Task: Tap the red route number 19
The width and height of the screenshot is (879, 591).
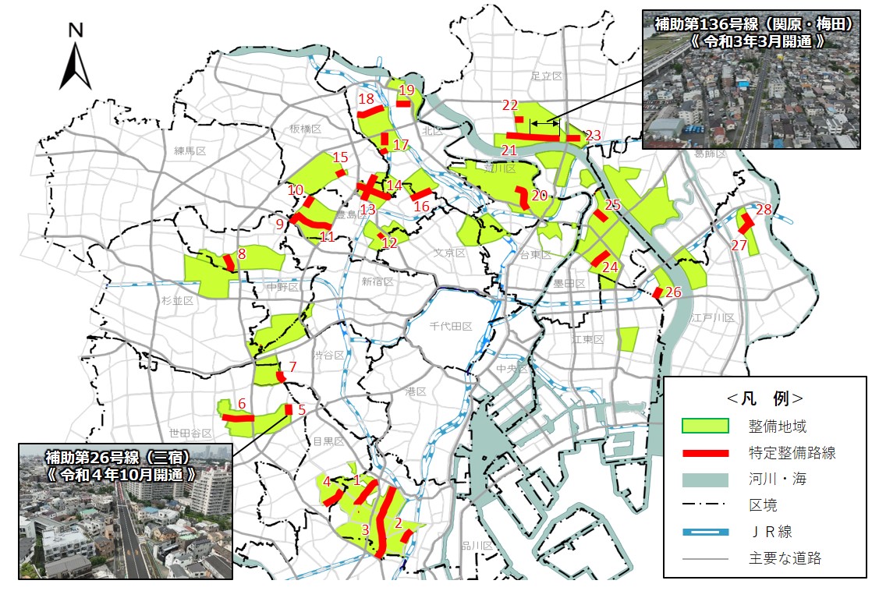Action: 406,90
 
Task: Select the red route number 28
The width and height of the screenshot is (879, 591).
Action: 764,210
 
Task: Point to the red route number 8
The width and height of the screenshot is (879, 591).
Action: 242,253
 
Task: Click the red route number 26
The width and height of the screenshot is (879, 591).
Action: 674,292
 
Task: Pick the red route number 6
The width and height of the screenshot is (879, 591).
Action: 242,404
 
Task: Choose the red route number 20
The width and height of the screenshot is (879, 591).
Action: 540,195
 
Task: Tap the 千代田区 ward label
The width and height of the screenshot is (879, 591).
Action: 452,327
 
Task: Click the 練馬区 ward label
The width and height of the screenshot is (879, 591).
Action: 190,150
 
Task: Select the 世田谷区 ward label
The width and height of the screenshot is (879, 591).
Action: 190,433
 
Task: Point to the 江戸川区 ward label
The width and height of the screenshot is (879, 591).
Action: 713,318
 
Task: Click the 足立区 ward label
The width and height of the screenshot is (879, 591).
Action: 546,76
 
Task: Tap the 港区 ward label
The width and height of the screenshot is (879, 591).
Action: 415,391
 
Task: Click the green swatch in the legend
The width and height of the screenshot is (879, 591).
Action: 705,426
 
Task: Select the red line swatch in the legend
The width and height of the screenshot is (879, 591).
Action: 705,453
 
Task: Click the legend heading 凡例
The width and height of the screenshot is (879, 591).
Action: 764,398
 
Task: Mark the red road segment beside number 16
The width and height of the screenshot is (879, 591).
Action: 421,193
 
